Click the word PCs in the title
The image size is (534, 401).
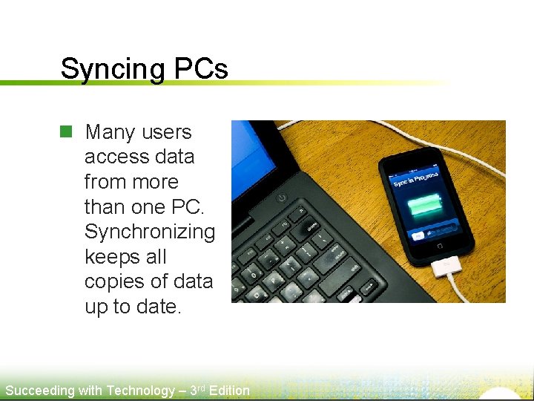[201, 68]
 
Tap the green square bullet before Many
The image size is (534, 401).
[66, 132]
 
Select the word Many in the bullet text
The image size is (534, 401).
[111, 132]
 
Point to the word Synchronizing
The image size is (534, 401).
[149, 232]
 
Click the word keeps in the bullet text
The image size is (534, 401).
[115, 257]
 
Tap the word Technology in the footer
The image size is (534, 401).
[141, 391]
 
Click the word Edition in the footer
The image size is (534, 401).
[229, 391]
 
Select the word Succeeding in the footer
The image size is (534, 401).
[39, 391]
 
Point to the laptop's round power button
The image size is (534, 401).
[281, 198]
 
